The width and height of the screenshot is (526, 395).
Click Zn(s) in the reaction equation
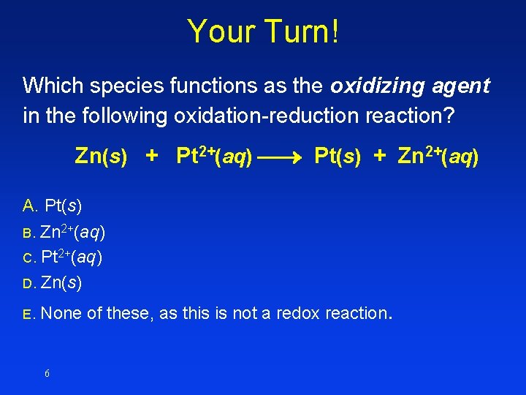pyautogui.click(x=101, y=157)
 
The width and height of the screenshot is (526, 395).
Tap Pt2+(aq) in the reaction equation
pyautogui.click(x=214, y=156)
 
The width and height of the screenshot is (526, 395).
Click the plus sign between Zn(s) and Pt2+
pyautogui.click(x=152, y=157)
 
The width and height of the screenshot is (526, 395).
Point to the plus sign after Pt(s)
pyautogui.click(x=380, y=157)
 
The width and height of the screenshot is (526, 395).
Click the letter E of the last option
pyautogui.click(x=27, y=314)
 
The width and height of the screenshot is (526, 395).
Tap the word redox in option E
pyautogui.click(x=300, y=313)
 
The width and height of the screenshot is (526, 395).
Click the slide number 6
pyautogui.click(x=47, y=374)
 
